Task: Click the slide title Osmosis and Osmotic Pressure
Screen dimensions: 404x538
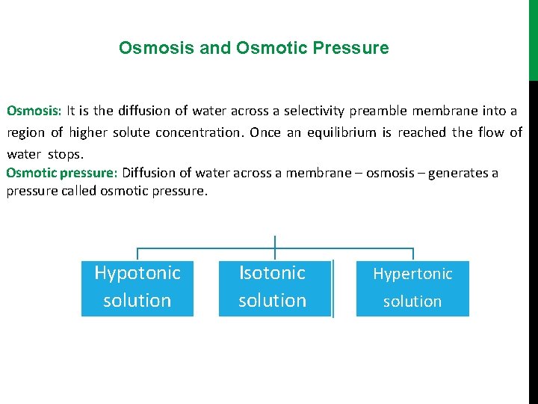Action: [253, 48]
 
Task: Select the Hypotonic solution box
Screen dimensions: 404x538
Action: [137, 287]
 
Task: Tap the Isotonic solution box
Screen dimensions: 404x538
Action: [273, 287]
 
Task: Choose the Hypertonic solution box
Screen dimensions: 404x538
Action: [412, 288]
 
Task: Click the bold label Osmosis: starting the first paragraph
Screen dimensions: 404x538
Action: [34, 111]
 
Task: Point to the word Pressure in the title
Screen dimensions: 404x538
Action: [351, 48]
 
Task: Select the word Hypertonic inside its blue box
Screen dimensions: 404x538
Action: [412, 274]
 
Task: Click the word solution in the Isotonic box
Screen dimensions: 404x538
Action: [273, 301]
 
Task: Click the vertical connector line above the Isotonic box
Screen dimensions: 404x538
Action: [275, 247]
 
